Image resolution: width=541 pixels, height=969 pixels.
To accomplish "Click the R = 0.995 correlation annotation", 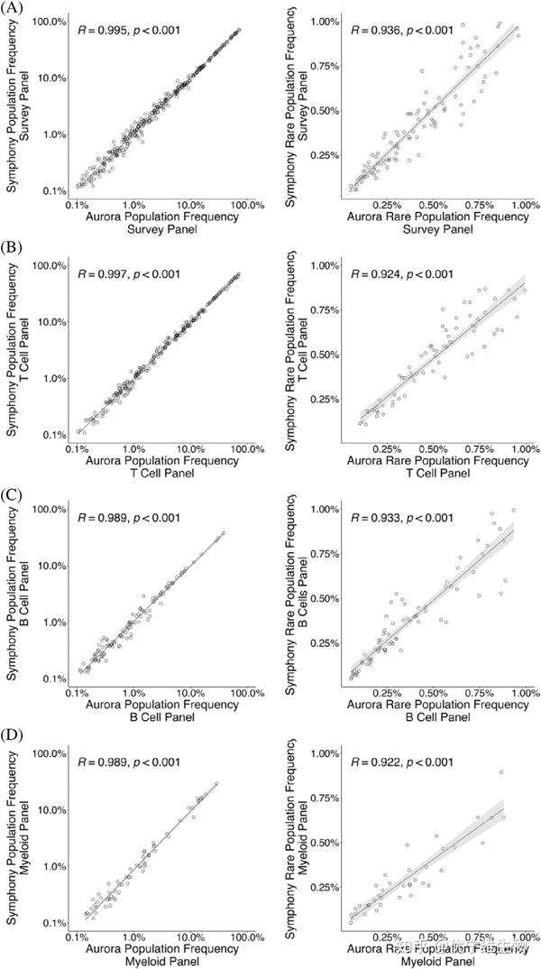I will point(129,30).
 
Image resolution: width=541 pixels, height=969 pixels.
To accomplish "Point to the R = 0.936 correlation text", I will point(402,30).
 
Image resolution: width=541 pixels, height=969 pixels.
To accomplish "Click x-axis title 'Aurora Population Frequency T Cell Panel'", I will point(162,467).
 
